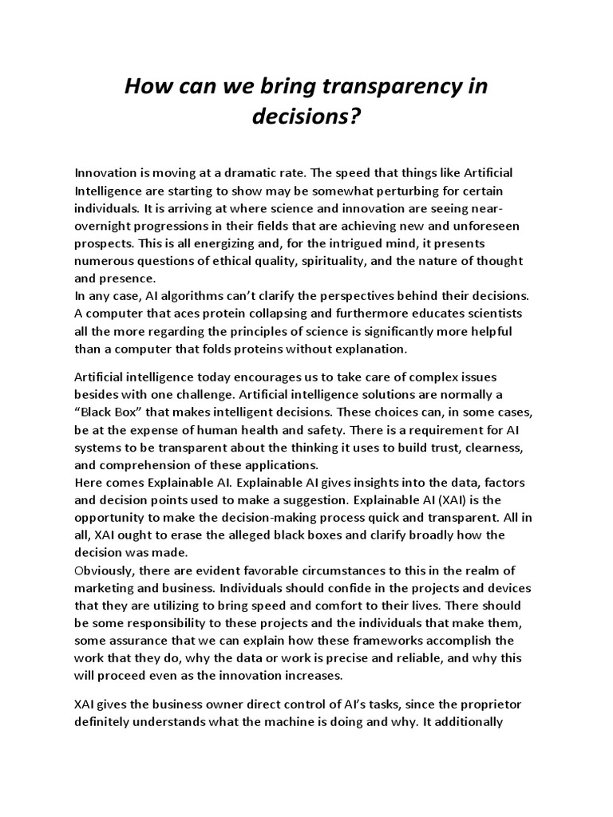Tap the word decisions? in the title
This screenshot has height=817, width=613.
(x=306, y=117)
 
